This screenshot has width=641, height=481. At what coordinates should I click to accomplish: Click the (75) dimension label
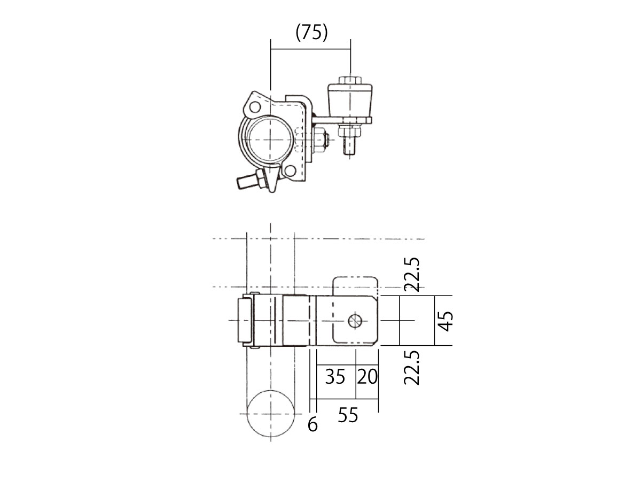(311, 33)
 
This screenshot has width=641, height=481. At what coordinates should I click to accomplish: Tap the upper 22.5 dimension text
(412, 275)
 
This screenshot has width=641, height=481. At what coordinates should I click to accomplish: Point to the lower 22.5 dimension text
(412, 368)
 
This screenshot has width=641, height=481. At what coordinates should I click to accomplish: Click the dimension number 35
(335, 376)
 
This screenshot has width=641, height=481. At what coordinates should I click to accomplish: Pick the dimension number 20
(368, 376)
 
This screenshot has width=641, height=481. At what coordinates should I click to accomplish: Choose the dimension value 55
(348, 415)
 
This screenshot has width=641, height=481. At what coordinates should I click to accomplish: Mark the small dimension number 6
(312, 424)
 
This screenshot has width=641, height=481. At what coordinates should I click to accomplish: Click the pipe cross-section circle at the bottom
(270, 391)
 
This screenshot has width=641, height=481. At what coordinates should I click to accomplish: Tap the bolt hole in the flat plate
(355, 322)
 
